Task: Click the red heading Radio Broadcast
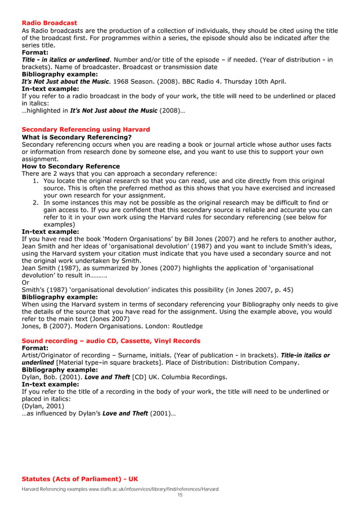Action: [x=49, y=23]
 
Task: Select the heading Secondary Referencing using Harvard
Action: [x=85, y=129]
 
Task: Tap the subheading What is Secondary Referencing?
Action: [x=76, y=137]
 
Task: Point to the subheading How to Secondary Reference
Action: [x=71, y=166]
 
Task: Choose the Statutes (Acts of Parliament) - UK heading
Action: [x=80, y=480]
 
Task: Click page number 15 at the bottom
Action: [x=180, y=495]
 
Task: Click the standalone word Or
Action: [x=25, y=282]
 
